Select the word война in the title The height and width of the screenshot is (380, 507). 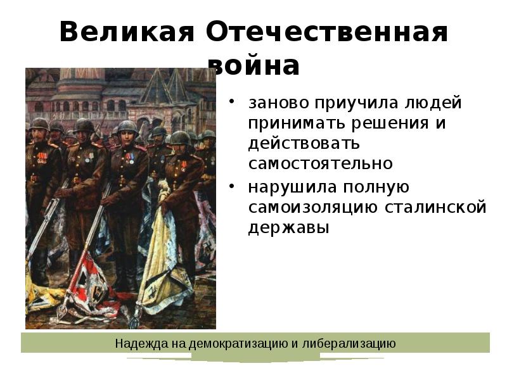254,65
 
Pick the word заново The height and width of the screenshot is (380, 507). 275,103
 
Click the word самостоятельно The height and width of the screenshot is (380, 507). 320,163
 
